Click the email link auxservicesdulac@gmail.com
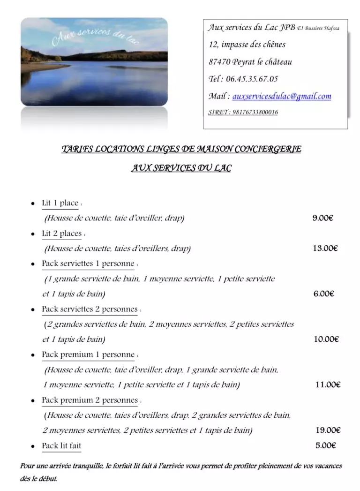[282, 97]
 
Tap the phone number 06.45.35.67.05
[252, 79]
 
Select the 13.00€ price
[325, 249]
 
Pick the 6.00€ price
[323, 294]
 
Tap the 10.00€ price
[326, 340]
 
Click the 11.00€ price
[328, 385]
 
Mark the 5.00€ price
[326, 446]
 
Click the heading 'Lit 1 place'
[60, 204]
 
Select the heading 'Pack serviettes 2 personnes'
[90, 310]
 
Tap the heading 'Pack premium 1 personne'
[88, 355]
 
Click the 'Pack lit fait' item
[61, 446]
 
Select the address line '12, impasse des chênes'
[247, 45]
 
